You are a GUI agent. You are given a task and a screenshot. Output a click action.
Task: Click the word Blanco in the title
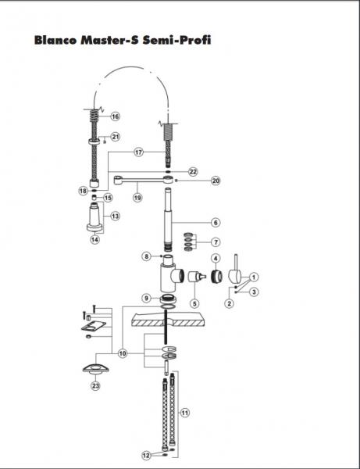click(x=55, y=40)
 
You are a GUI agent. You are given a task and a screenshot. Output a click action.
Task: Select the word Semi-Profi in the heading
click(x=176, y=40)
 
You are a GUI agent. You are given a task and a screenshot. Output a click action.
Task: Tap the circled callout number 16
click(x=115, y=116)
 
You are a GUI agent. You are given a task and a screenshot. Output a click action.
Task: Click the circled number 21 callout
click(x=115, y=137)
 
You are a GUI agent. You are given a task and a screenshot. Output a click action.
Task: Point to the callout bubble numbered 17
click(x=138, y=152)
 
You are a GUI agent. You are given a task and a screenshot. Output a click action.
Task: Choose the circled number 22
click(x=193, y=172)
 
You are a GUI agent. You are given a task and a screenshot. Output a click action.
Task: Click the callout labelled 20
click(x=216, y=181)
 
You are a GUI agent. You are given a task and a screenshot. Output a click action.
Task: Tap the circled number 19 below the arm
click(x=137, y=198)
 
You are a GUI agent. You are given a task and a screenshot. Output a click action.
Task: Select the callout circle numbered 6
click(x=216, y=223)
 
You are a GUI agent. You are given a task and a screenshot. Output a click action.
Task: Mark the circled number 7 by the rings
click(x=216, y=242)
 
